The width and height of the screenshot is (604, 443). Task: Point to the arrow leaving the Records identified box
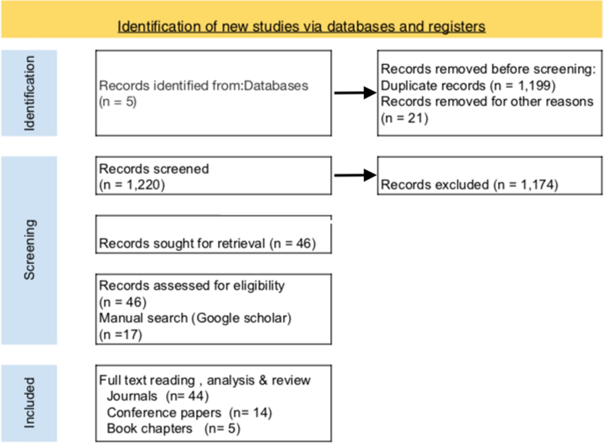pos(355,93)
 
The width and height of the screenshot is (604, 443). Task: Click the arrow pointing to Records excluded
pos(355,175)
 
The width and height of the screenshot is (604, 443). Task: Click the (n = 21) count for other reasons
pos(404,119)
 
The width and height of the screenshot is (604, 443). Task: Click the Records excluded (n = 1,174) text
pos(469,185)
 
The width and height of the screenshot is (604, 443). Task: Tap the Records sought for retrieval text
pos(207,244)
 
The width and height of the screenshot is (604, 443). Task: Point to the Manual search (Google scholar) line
pos(195,319)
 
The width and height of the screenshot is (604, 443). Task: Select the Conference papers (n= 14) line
pos(189,413)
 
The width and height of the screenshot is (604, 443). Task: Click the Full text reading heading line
pos(205,380)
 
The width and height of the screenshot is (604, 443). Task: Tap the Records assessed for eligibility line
pos(192,286)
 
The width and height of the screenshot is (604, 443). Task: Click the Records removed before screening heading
pos(488,69)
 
